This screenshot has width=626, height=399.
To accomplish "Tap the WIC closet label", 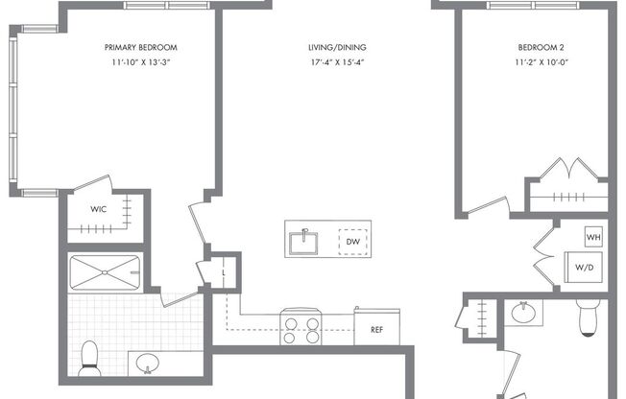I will click(x=99, y=208).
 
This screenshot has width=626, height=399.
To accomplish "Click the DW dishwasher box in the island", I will click(x=352, y=242).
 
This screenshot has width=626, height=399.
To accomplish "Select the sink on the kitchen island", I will click(x=307, y=238).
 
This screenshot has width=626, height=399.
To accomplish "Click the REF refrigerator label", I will click(x=376, y=328).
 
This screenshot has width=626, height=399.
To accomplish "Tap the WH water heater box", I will click(x=592, y=236).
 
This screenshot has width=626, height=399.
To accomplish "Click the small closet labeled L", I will click(x=223, y=270).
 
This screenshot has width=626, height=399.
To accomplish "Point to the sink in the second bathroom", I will click(x=523, y=314).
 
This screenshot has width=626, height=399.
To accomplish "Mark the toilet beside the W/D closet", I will click(x=588, y=317).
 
